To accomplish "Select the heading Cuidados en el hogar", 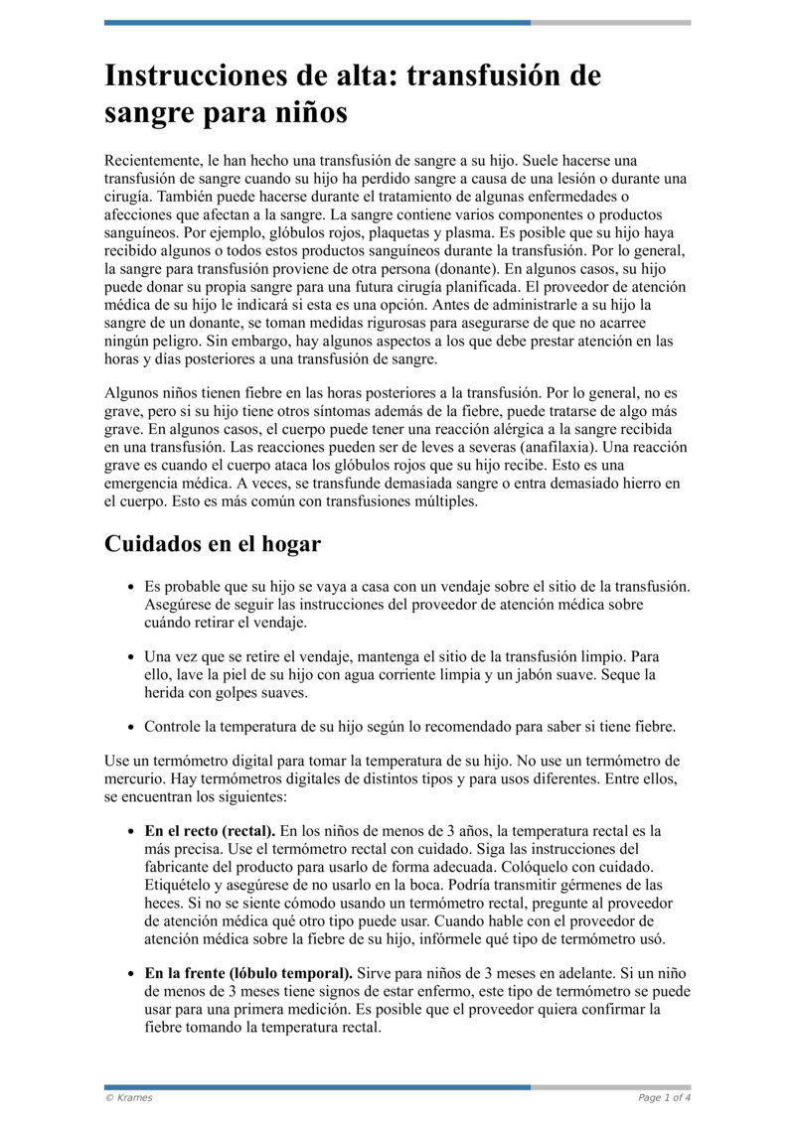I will pos(212,545).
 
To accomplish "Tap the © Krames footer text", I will pos(129,1097).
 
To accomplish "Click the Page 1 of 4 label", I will pos(664,1097).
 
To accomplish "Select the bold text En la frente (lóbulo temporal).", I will pos(248,973).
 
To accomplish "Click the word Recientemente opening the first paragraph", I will pos(152,160).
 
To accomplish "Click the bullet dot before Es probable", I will pos(130,587).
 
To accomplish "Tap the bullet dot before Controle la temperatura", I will pos(130,727).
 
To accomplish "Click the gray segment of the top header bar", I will pos(610,22).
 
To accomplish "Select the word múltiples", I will pos(440,500).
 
